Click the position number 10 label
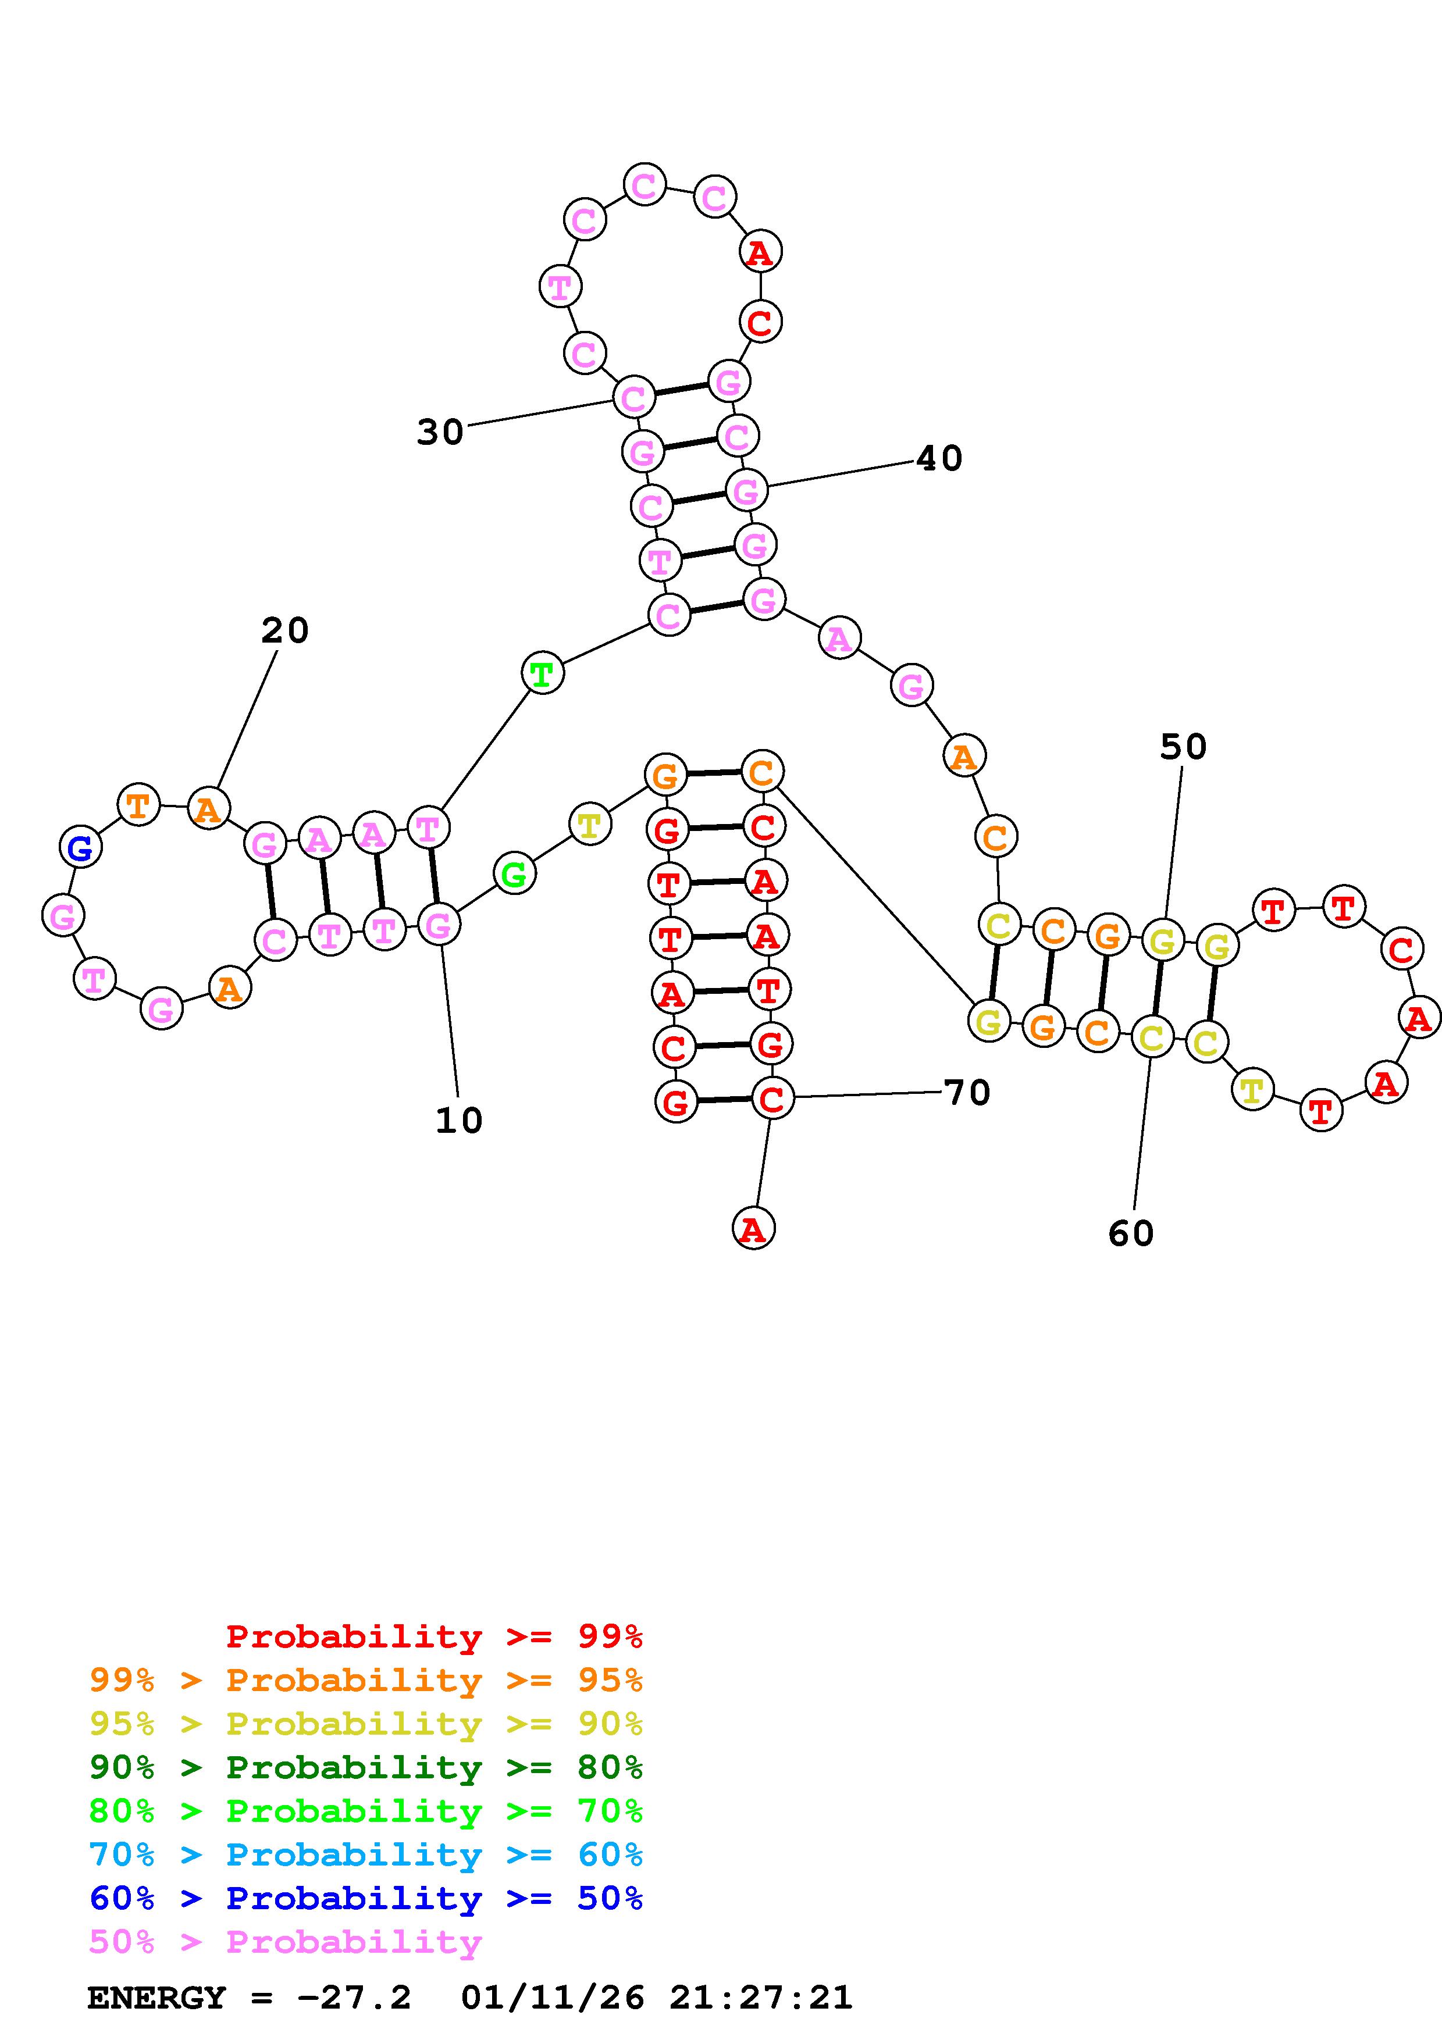tap(458, 1121)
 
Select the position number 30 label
tap(440, 432)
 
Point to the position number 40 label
tap(939, 458)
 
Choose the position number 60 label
tap(1130, 1233)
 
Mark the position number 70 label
tap(967, 1092)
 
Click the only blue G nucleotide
tap(80, 848)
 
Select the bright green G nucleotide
tap(514, 874)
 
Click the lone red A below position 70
tap(753, 1229)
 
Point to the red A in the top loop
tap(760, 252)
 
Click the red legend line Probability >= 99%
tap(433, 1636)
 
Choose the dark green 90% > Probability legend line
tap(366, 1767)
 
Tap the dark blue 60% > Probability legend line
tap(366, 1898)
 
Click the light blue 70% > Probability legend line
tap(366, 1854)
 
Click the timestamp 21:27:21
tap(760, 1998)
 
